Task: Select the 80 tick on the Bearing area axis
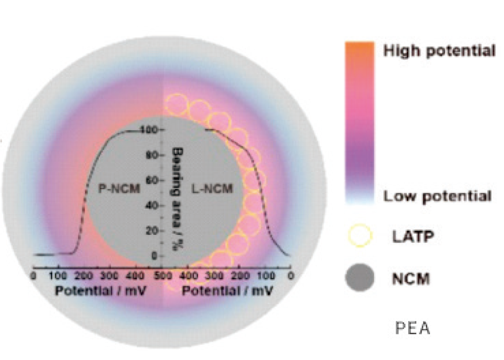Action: (x=158, y=155)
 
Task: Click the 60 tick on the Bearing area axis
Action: (x=158, y=180)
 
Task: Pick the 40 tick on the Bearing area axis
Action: (x=158, y=206)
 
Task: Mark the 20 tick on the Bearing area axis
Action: (x=158, y=231)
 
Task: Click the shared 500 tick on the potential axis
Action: (x=162, y=275)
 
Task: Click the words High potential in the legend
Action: (x=439, y=51)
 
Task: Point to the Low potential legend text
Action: (x=437, y=196)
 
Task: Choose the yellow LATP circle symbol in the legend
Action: (x=360, y=236)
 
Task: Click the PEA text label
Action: (x=413, y=328)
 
